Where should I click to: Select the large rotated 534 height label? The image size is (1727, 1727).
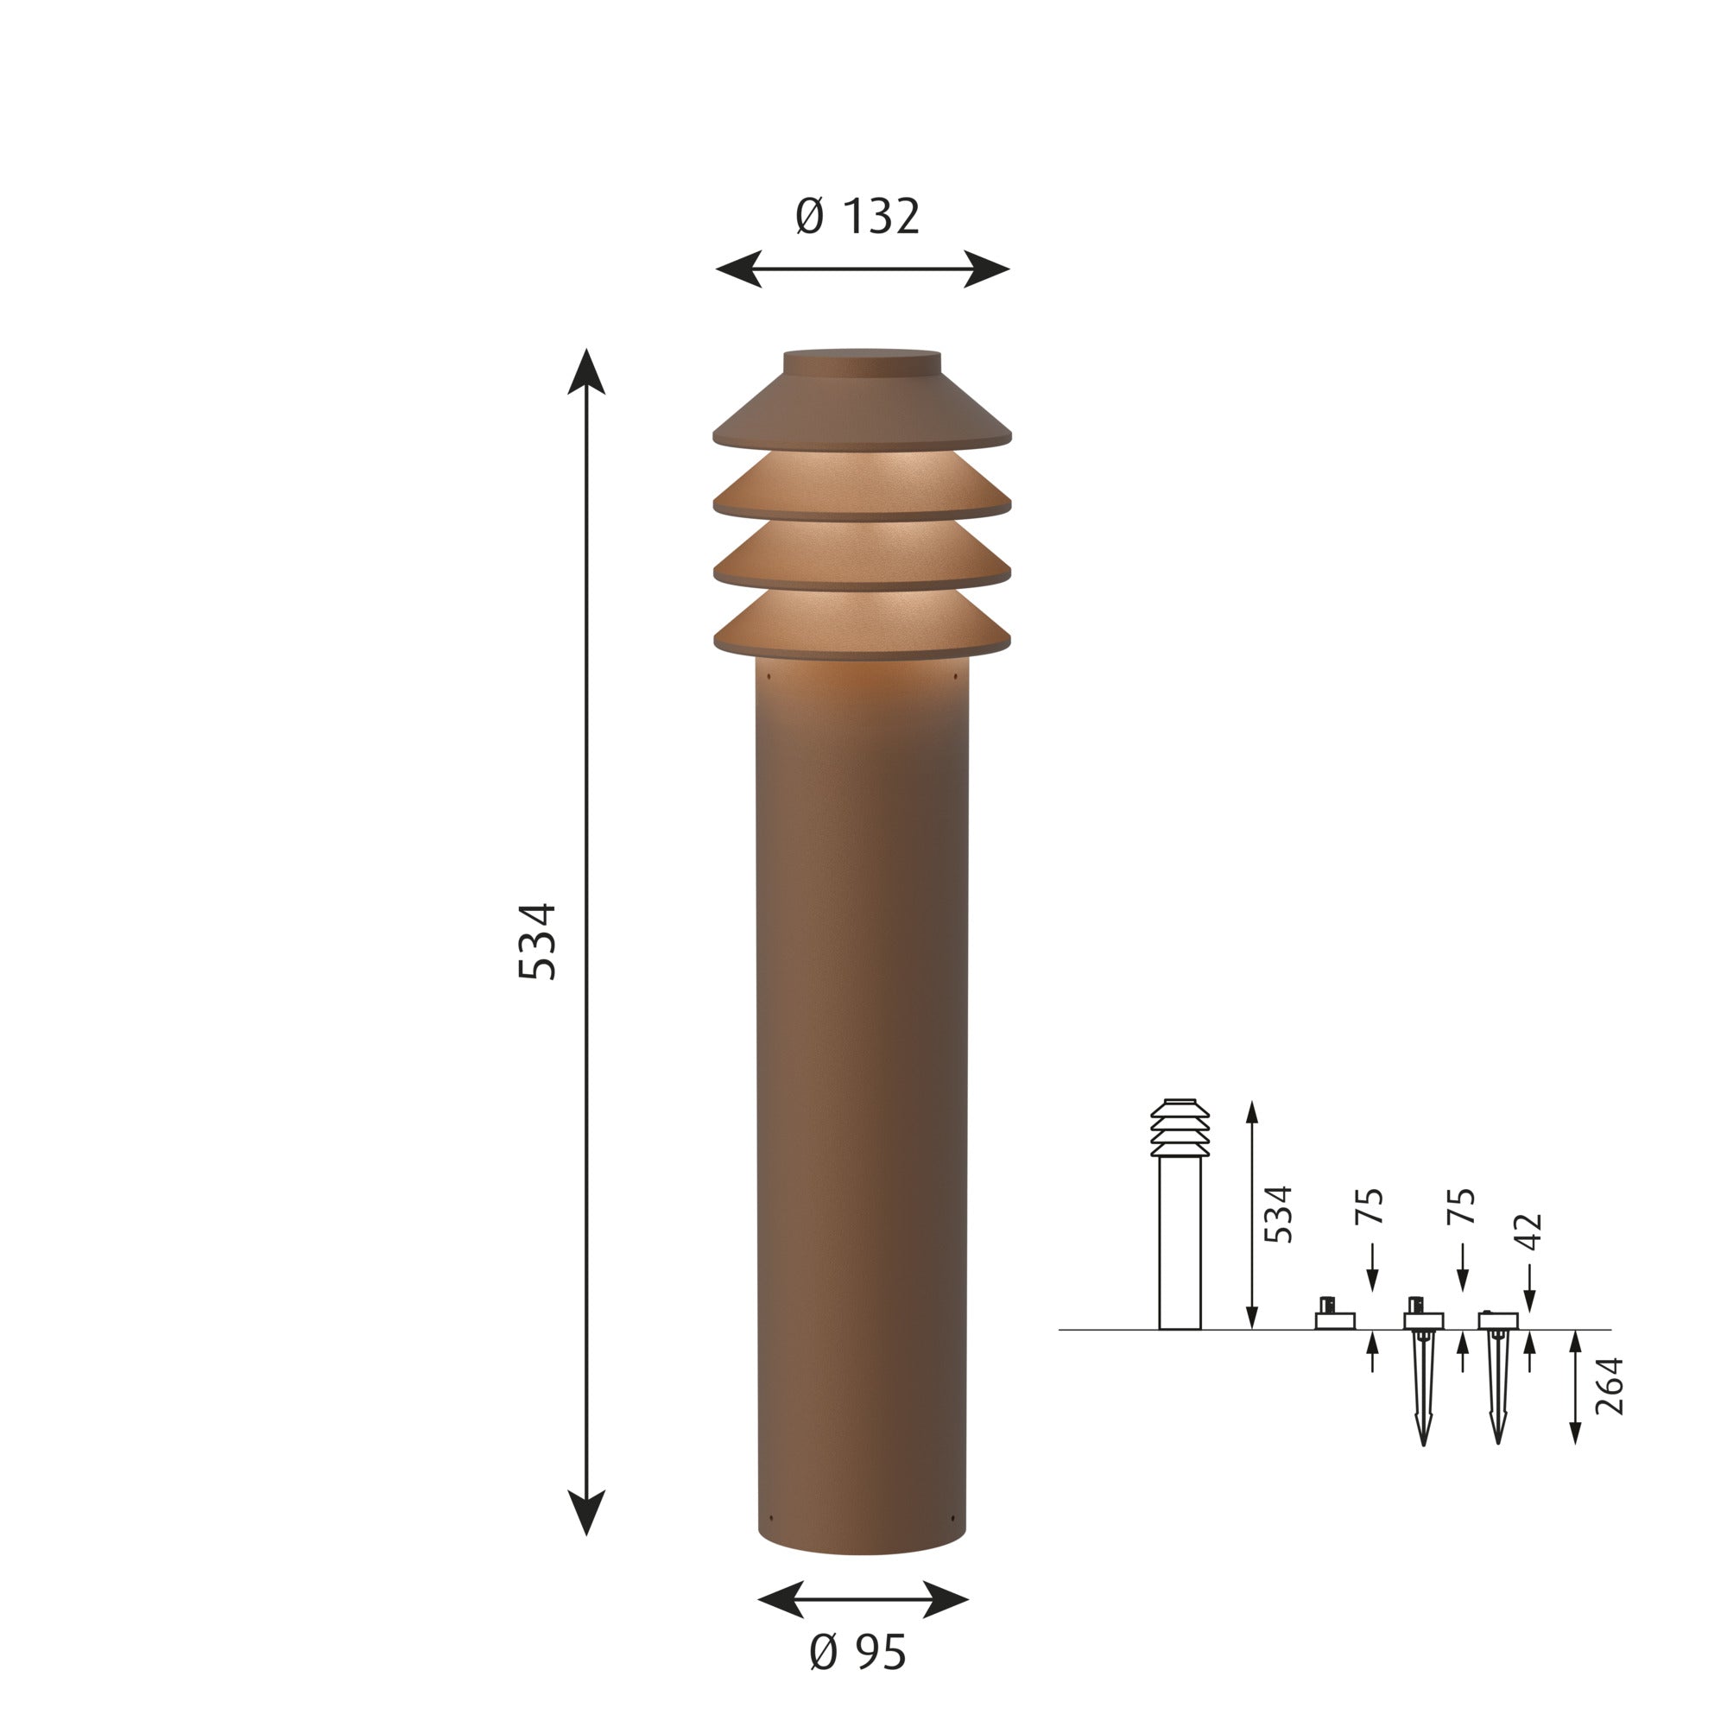(x=538, y=941)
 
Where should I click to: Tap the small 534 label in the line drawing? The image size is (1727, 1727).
(x=1279, y=1214)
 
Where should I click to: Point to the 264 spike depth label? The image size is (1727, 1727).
(x=1609, y=1387)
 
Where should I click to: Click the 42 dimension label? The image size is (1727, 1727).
(x=1530, y=1232)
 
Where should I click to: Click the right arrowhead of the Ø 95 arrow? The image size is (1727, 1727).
(x=946, y=1599)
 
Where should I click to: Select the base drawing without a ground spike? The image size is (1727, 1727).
(x=1335, y=1319)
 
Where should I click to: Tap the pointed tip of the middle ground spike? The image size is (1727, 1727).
(x=1423, y=1441)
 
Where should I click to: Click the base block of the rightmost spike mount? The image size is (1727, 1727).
(x=1498, y=1320)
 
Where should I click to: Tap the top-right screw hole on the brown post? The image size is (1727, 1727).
(x=955, y=675)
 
